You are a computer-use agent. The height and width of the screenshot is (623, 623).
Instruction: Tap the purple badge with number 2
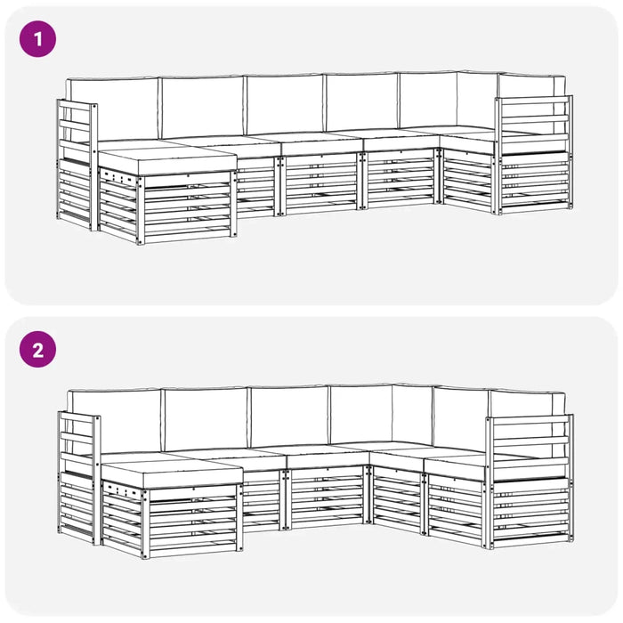tap(37, 349)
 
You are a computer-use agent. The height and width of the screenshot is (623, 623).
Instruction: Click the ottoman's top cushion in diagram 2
tap(169, 470)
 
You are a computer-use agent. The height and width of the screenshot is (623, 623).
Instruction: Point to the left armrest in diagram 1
tap(77, 165)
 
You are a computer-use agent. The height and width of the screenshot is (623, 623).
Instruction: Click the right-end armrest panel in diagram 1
tap(534, 151)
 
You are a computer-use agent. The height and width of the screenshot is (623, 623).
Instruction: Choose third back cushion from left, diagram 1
tap(285, 103)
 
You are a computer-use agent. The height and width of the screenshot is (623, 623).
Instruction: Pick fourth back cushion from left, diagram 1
tap(361, 101)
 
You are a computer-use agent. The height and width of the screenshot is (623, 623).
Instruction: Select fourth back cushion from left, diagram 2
tap(361, 413)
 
